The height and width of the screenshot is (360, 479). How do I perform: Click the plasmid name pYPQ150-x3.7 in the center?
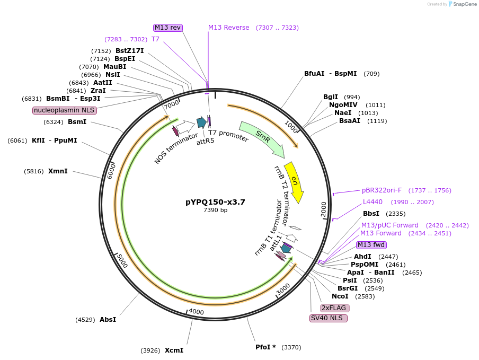215,202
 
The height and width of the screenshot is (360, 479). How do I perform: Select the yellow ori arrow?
295,181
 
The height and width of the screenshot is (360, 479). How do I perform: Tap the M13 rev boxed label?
168,28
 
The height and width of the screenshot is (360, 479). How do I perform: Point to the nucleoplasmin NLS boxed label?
65,110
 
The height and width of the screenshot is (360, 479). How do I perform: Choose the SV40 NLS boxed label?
329,318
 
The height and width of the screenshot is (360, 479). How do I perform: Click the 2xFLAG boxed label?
335,308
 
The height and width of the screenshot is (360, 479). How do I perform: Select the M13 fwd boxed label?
371,245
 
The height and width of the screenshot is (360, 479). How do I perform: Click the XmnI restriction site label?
58,171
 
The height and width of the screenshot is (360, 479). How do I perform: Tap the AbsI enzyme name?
108,320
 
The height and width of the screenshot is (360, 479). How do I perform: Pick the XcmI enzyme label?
174,350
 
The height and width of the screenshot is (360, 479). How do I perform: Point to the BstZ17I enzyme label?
129,51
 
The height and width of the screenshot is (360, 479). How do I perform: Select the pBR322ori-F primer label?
382,190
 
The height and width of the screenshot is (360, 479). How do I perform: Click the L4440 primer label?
372,202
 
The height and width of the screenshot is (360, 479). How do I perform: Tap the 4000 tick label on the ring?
196,311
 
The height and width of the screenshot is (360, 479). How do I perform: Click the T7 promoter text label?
228,136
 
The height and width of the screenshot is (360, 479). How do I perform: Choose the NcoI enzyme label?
340,296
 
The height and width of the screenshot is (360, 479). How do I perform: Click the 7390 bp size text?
215,210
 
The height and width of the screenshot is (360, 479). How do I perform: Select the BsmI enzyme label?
77,122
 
